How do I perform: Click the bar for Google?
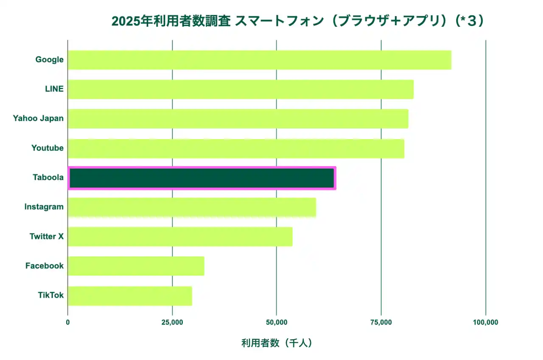259,60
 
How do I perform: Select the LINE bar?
241,89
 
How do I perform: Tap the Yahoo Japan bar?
238,119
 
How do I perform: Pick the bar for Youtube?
236,148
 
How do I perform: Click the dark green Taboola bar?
202,178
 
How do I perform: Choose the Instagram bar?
192,207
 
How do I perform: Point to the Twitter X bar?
180,236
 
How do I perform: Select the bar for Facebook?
136,266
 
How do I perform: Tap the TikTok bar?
130,296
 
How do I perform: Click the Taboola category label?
48,178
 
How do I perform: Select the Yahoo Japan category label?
38,118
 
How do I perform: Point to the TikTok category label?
50,295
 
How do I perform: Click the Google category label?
49,60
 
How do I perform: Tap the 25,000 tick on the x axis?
172,322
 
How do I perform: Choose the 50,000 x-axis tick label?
277,322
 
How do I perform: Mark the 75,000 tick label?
381,322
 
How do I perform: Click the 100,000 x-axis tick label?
485,322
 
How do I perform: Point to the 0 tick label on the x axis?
68,322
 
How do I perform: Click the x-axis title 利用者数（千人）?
277,343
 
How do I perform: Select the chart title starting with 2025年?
297,21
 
